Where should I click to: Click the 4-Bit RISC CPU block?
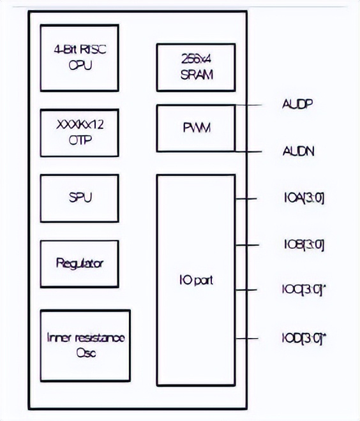79,57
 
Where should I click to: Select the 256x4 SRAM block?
195,68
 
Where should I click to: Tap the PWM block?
195,128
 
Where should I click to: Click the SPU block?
79,197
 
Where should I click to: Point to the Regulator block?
79,263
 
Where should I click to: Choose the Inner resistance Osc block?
85,345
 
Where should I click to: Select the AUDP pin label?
297,103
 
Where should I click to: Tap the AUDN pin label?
298,152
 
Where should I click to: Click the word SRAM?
195,75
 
